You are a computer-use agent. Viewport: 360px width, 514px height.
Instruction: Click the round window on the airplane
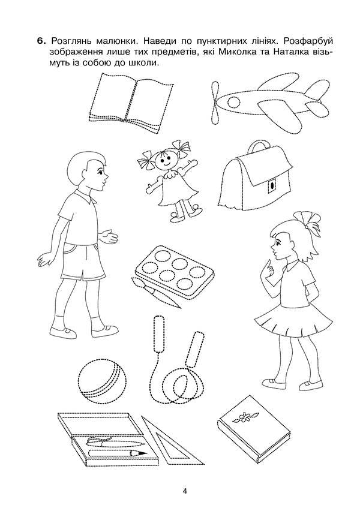pos(234,101)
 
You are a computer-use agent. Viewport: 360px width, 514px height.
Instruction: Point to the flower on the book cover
pos(242,418)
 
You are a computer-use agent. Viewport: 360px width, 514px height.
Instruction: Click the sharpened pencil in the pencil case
pos(118,453)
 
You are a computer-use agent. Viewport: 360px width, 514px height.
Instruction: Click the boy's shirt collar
pos(84,197)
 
